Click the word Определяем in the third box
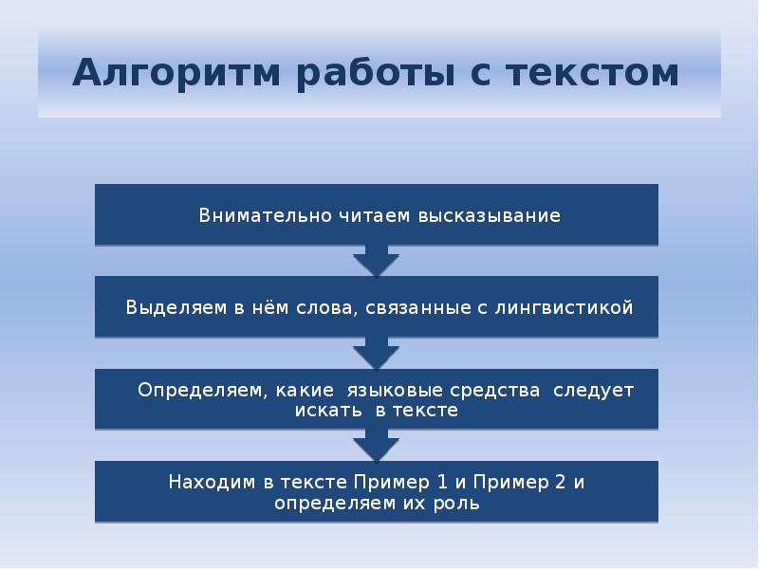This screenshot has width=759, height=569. coord(196,390)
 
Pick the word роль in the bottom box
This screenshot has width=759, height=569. coord(460,503)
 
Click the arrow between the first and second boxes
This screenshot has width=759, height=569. coord(377,261)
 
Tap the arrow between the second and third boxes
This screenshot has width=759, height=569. coord(377,354)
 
